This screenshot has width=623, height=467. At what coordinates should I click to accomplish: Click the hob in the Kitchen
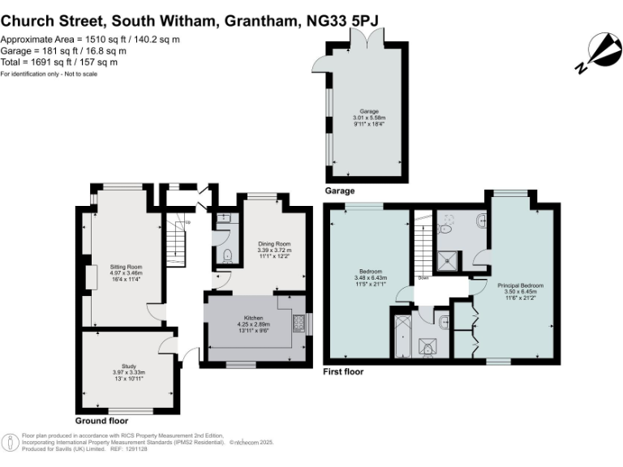point(299,323)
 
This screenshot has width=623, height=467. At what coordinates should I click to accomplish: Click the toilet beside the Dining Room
point(227,255)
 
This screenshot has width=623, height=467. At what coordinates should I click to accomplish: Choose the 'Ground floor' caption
point(101,421)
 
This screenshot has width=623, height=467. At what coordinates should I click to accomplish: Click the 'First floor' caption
point(343,372)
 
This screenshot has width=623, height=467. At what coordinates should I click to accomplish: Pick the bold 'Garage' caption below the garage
point(340,191)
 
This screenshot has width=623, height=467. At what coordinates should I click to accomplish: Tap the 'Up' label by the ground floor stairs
point(188,223)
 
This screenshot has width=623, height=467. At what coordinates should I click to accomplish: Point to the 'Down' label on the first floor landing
point(423,277)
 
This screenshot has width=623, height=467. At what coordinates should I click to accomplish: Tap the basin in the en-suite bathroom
point(481,219)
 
